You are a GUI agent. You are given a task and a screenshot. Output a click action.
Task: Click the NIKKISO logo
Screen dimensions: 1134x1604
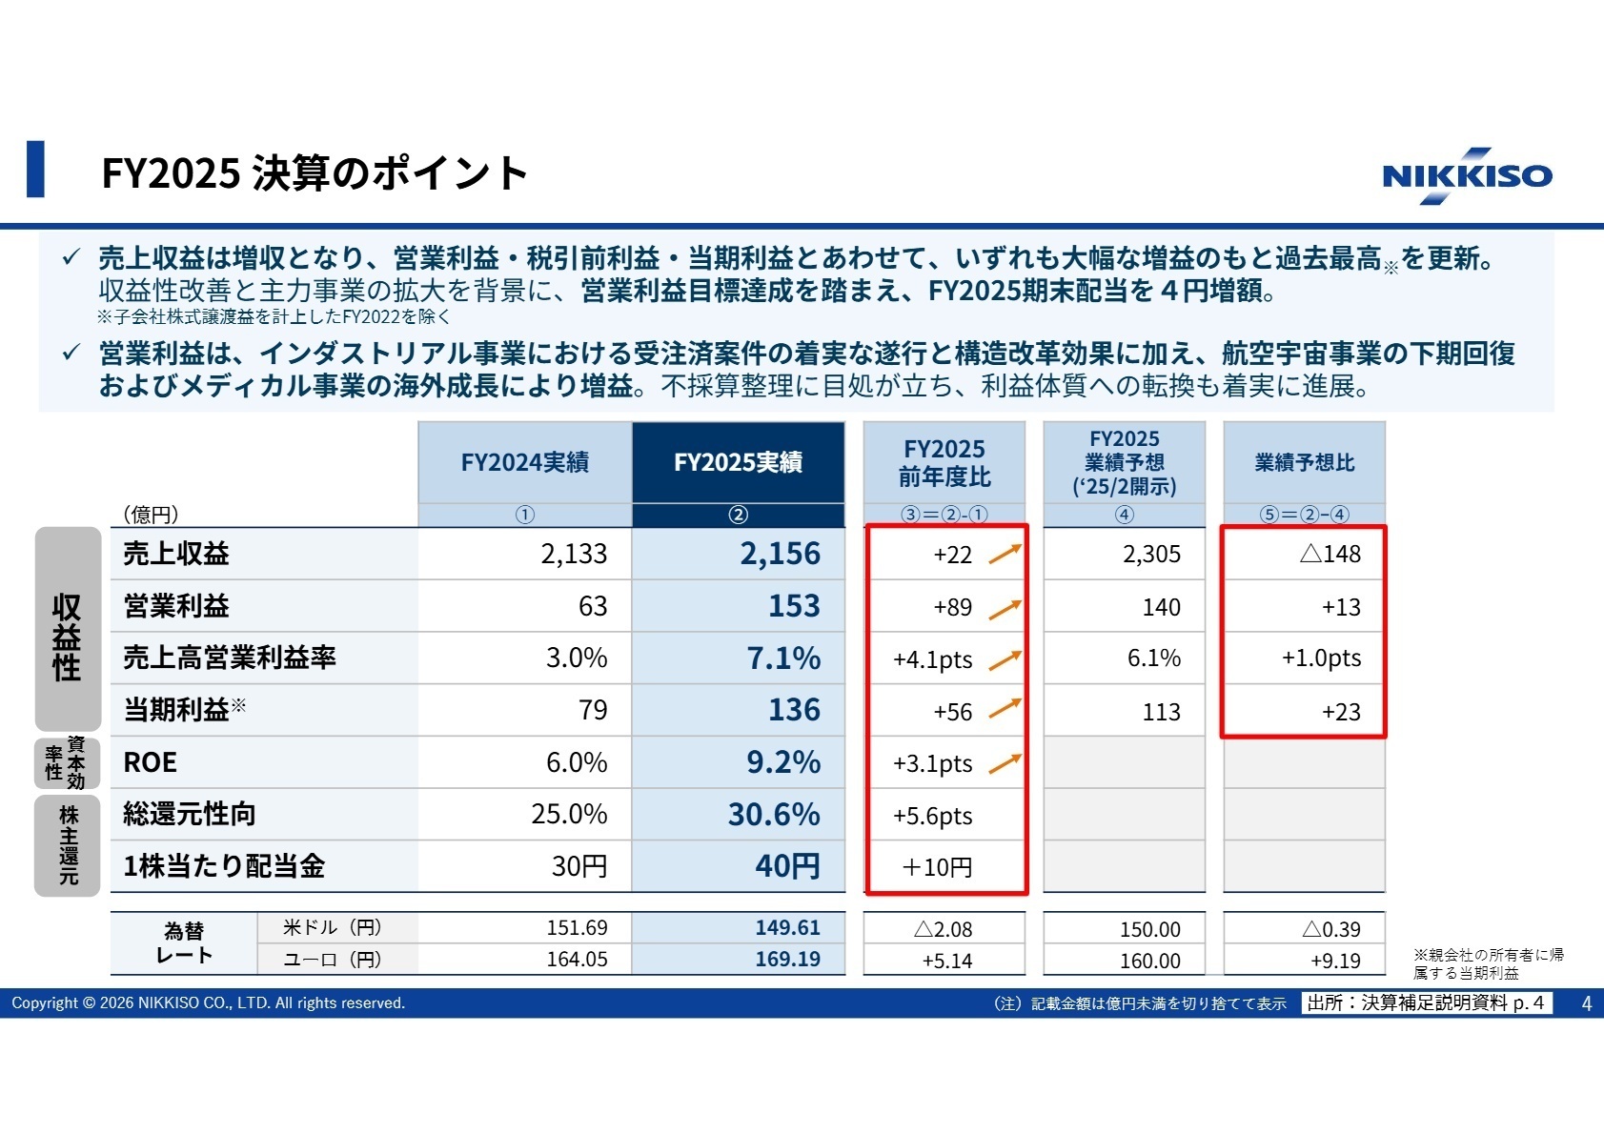(1466, 175)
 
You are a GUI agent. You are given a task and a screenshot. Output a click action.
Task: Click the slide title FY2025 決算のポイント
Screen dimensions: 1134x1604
(315, 173)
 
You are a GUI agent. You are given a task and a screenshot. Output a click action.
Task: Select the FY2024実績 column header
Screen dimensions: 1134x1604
(524, 463)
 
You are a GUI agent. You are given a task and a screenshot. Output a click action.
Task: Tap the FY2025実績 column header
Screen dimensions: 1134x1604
(738, 463)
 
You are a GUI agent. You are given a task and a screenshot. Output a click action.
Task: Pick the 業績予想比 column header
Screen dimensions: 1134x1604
(1304, 463)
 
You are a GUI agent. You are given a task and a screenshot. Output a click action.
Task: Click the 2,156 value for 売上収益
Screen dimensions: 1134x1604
(780, 554)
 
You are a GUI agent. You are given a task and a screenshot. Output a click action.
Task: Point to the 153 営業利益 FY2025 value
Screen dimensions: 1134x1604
(794, 606)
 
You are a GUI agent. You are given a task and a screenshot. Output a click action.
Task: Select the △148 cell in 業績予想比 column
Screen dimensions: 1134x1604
(1330, 554)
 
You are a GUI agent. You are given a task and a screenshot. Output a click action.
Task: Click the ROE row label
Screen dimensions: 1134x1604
(151, 762)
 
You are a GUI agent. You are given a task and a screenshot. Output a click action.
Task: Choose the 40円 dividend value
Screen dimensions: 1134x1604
(787, 866)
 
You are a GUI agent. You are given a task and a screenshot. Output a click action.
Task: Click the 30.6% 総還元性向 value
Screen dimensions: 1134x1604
(773, 815)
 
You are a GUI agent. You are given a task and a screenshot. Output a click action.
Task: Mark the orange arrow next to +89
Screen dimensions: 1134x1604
(1005, 608)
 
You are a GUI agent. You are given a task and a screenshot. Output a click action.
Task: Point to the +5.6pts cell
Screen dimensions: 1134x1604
(932, 816)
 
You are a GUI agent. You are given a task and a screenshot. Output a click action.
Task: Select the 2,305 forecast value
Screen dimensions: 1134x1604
(1151, 555)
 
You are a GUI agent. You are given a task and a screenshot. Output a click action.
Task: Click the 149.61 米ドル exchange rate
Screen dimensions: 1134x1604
(787, 928)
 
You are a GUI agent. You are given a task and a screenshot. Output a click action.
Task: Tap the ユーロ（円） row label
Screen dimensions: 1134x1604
(333, 960)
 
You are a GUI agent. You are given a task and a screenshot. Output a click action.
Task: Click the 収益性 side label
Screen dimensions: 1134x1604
(67, 637)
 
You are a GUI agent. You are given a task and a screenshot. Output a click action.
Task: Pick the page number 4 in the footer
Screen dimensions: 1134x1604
(1586, 1003)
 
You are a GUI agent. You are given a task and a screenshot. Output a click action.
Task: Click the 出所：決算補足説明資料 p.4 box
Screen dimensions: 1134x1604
(1426, 1003)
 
